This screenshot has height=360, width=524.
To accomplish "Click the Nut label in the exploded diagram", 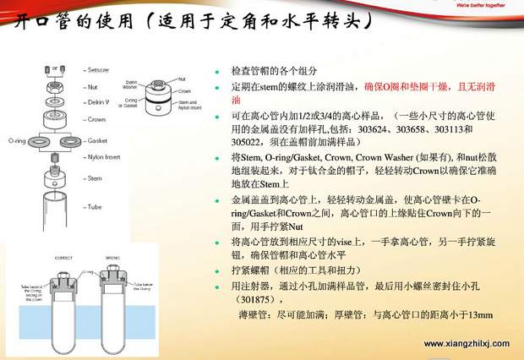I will point(91,86).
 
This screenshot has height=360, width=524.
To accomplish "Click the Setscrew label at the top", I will point(99,68).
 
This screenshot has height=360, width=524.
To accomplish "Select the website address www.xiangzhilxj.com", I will point(467,344).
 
